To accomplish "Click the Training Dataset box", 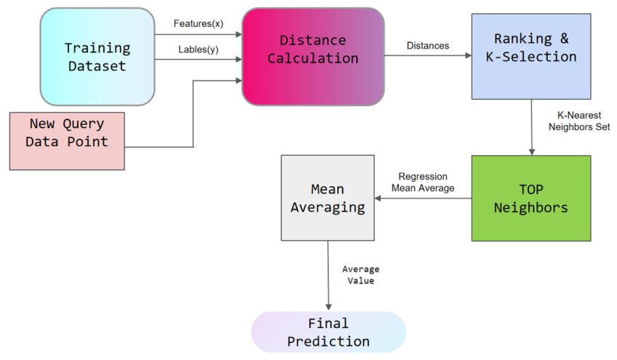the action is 97,57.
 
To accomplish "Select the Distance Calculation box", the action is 312,56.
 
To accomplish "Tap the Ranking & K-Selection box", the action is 531,56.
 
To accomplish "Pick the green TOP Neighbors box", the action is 531,198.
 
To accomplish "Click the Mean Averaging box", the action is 328,198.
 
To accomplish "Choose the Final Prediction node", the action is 328,332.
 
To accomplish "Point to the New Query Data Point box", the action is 67,141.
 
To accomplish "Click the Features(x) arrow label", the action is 198,23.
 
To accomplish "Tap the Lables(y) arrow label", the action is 198,49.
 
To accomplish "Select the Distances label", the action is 428,46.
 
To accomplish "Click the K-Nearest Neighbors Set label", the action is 579,121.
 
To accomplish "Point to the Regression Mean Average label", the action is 423,182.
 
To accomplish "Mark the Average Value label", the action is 361,275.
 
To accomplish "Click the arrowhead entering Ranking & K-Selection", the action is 468,55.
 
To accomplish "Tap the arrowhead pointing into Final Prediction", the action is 328,307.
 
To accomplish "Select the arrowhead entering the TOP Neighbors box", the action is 532,153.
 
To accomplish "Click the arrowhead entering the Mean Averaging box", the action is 378,198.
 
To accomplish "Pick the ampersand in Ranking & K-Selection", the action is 564,39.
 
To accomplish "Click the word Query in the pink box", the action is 84,124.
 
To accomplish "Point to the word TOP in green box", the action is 531,189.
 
